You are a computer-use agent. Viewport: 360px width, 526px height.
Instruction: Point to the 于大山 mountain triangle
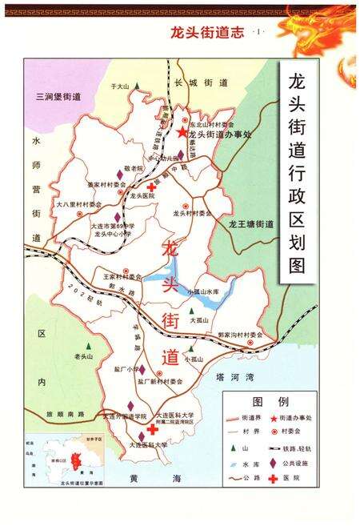(137, 86)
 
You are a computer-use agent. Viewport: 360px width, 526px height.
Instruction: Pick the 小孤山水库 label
(202, 293)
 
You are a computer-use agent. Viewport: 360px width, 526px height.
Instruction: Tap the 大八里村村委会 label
(79, 205)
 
